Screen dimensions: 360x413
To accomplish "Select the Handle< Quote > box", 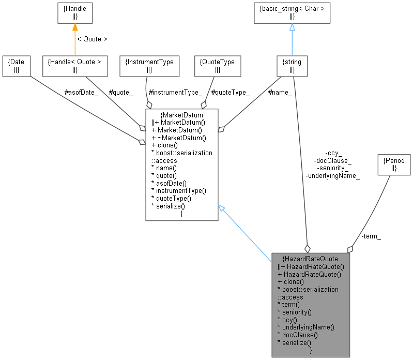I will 74,66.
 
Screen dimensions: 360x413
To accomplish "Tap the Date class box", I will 16,66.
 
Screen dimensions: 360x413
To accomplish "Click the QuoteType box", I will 217,66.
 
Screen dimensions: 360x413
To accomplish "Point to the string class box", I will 292,66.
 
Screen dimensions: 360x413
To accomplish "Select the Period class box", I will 394,164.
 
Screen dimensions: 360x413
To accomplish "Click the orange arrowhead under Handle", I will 74,27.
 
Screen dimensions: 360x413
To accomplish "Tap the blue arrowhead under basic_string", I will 292,27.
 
